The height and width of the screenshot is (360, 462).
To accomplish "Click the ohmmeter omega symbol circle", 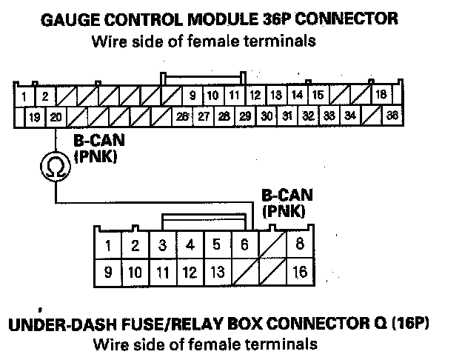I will click(56, 168).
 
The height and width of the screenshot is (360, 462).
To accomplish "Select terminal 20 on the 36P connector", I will click(56, 117).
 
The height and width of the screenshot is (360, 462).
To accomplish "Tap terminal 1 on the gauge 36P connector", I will click(24, 96).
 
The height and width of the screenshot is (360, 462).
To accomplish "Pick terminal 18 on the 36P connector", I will click(381, 95).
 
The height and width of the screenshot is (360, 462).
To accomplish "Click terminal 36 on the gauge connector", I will click(392, 116).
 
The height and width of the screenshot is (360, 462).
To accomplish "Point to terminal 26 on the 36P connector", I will click(182, 116).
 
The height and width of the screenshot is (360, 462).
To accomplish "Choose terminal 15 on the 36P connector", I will click(318, 95).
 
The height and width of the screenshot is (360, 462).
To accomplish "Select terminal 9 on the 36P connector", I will click(192, 95).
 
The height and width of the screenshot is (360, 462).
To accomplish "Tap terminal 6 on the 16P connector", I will click(245, 244).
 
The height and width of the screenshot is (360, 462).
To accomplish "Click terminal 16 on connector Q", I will click(299, 272).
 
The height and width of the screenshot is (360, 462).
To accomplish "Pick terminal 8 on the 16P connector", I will click(299, 244).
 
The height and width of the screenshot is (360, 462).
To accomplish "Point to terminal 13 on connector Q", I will click(217, 272).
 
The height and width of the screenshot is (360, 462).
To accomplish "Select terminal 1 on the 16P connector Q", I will click(108, 244).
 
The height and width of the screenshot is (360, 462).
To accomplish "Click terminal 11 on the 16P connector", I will click(162, 272).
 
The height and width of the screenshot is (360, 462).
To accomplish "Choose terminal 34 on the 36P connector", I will click(350, 116).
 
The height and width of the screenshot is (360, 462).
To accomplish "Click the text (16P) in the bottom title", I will click(411, 324).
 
